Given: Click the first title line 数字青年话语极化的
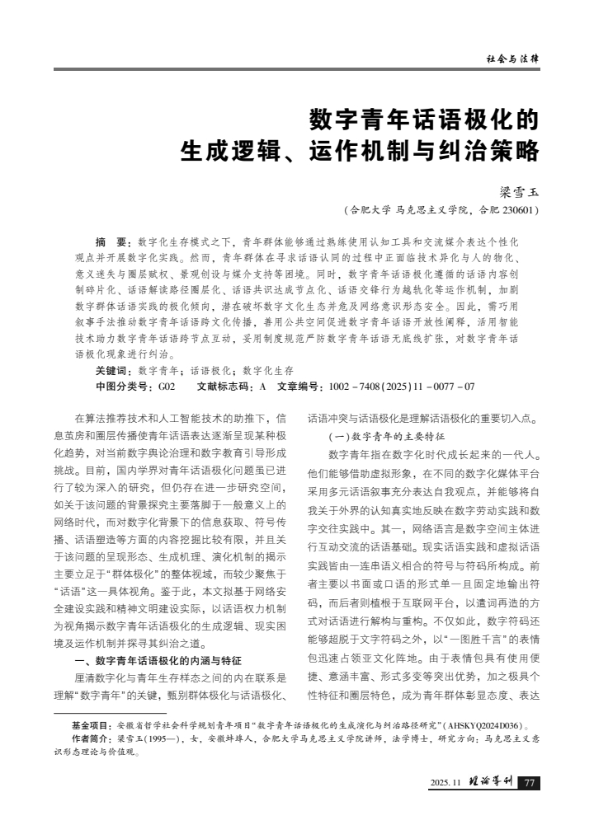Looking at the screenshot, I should point(424,121).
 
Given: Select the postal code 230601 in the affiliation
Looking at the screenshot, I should point(520,209).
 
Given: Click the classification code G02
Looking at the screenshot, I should point(167,386).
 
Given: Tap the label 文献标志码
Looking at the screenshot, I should point(226,386).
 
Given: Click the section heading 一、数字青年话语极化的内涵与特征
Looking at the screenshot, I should point(169,660).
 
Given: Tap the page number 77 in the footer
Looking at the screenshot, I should point(530,782).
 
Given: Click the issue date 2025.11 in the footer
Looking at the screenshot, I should point(446,783).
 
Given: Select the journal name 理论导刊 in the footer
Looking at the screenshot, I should point(492,782).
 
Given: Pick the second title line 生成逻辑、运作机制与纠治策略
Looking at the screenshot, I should point(360,153).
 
